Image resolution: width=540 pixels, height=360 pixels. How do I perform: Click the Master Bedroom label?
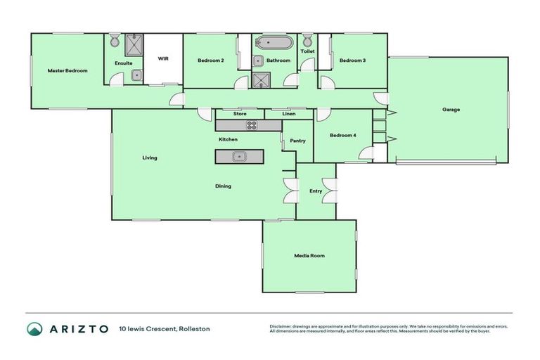tap(67, 71)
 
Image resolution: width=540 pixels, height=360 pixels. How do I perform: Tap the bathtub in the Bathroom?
tap(273, 42)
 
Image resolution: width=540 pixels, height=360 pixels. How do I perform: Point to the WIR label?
tap(163, 59)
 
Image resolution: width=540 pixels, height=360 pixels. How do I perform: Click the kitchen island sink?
tap(239, 156)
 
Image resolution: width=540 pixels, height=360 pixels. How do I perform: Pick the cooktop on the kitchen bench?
tap(251, 125)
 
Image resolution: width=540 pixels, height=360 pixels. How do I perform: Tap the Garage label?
tap(451, 110)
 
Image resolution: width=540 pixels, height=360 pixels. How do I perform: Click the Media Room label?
tap(309, 255)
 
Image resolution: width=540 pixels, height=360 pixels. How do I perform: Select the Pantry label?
tap(297, 141)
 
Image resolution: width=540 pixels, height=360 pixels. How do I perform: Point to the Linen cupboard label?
tap(288, 113)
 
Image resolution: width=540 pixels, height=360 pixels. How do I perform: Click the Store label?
tap(240, 113)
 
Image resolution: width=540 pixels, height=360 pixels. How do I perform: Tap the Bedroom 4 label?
tap(343, 135)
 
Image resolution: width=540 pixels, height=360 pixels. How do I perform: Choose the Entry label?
tap(316, 191)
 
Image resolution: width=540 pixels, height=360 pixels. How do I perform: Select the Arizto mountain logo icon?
tap(35, 328)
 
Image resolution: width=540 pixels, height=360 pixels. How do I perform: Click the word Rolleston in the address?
tap(194, 328)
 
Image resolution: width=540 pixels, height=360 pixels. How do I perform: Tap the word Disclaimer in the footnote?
tap(280, 326)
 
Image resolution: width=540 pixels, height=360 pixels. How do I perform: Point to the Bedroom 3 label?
tap(352, 60)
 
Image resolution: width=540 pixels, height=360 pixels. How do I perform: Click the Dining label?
tap(223, 186)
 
